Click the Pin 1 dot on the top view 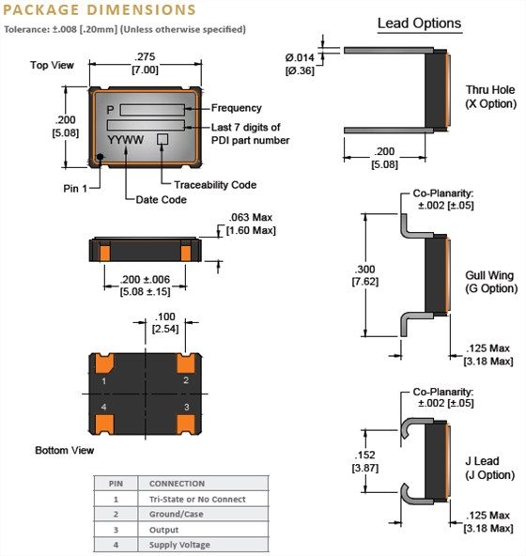101,157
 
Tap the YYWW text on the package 127,139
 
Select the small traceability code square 162,138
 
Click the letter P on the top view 111,109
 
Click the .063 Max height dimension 249,224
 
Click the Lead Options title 419,23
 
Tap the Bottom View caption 65,451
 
